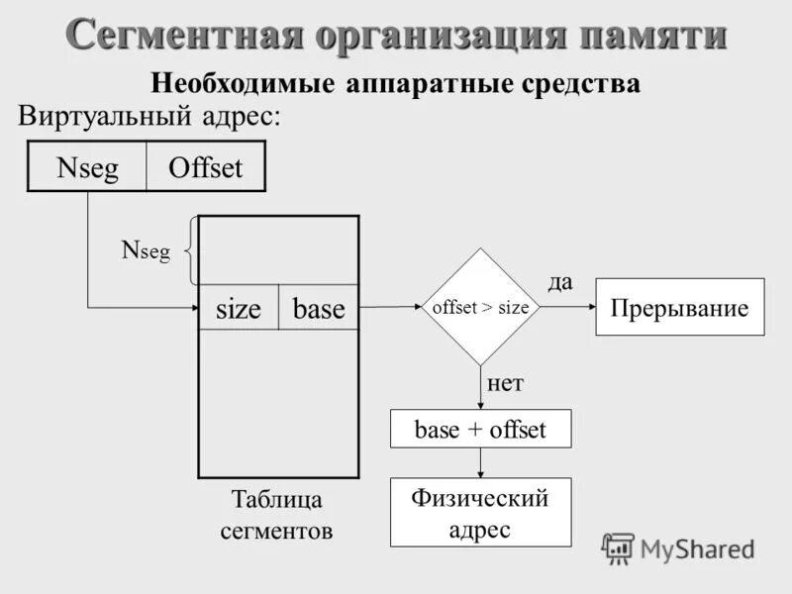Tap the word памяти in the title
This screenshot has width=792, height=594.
pyautogui.click(x=652, y=36)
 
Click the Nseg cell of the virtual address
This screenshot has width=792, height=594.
pyautogui.click(x=87, y=166)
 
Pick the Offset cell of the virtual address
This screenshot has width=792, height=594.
pyautogui.click(x=206, y=166)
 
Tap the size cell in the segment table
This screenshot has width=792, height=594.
pyautogui.click(x=239, y=309)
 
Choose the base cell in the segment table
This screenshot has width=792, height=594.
pyautogui.click(x=319, y=309)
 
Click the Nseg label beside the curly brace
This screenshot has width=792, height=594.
pyautogui.click(x=146, y=251)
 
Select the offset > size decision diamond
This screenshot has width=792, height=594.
pyautogui.click(x=480, y=307)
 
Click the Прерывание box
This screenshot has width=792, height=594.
pyautogui.click(x=679, y=308)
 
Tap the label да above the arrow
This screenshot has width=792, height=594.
pyautogui.click(x=560, y=282)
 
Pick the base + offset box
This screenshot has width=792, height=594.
pyautogui.click(x=480, y=430)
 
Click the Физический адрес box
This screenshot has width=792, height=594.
pyautogui.click(x=480, y=513)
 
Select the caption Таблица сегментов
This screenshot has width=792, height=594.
pyautogui.click(x=276, y=514)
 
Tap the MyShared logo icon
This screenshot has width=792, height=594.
pyautogui.click(x=618, y=547)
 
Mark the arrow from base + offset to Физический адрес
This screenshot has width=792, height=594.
pyautogui.click(x=480, y=463)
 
